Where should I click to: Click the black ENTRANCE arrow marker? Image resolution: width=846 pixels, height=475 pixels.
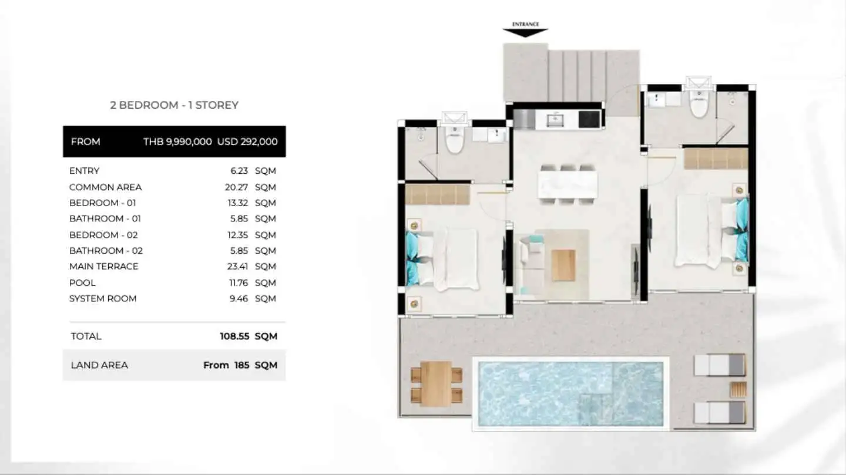click(x=525, y=33)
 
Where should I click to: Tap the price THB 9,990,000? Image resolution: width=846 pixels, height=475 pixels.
click(x=177, y=142)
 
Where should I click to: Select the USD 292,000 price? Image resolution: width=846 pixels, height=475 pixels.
click(x=247, y=142)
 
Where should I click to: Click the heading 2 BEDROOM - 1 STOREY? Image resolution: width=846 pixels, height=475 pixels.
click(x=174, y=105)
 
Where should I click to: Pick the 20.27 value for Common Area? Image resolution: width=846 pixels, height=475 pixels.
click(x=236, y=187)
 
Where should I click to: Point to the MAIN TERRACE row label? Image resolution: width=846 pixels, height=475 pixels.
click(x=104, y=267)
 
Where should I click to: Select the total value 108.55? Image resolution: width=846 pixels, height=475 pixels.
click(x=234, y=336)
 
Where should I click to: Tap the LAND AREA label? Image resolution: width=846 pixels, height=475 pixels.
click(x=99, y=365)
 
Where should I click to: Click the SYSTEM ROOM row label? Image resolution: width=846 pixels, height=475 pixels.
click(x=103, y=299)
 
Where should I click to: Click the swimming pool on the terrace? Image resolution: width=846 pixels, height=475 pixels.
click(x=570, y=393)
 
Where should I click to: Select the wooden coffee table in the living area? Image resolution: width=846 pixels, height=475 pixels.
click(x=563, y=265)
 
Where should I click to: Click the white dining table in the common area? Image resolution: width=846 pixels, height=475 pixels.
click(x=568, y=184)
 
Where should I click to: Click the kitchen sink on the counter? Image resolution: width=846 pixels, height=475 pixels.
click(x=555, y=120)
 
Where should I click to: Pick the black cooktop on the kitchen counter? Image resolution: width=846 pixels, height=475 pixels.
click(x=589, y=119)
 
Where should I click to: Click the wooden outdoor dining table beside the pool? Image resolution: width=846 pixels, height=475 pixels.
click(x=436, y=383)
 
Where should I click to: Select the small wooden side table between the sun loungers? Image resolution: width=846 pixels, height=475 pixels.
click(x=738, y=390)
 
